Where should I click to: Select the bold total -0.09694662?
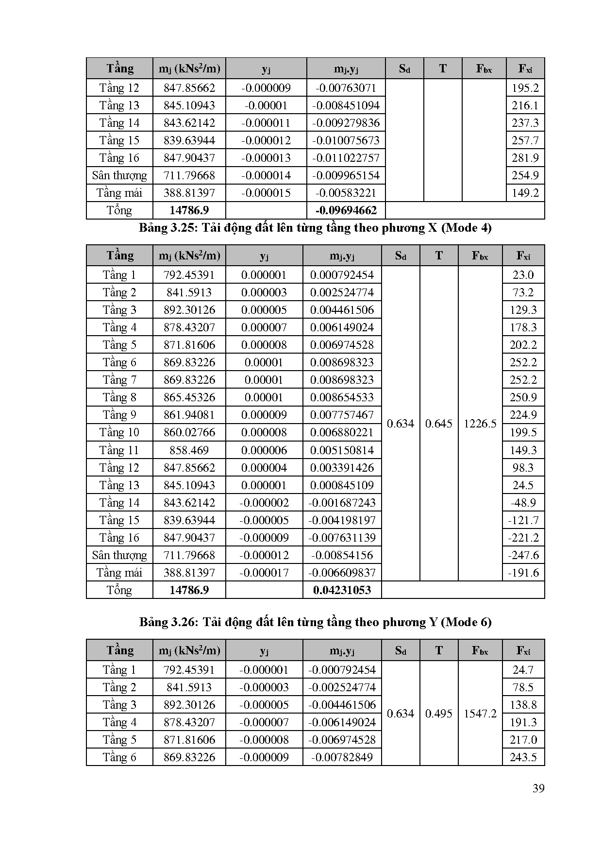(346, 210)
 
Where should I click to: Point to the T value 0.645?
(439, 424)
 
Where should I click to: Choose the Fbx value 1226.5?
(480, 424)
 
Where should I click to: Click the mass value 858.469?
(189, 450)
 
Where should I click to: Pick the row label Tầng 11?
(119, 450)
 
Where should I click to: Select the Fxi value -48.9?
(523, 502)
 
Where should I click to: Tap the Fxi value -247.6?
(523, 555)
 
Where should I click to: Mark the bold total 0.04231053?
(342, 590)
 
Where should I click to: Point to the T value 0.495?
(439, 713)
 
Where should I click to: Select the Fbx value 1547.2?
(480, 713)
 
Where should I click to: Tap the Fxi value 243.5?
(523, 757)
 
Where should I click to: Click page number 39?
(538, 788)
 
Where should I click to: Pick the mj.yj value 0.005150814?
(342, 450)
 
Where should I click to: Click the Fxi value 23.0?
(523, 275)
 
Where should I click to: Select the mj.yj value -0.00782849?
(342, 757)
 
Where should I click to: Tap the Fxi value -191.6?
(523, 572)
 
